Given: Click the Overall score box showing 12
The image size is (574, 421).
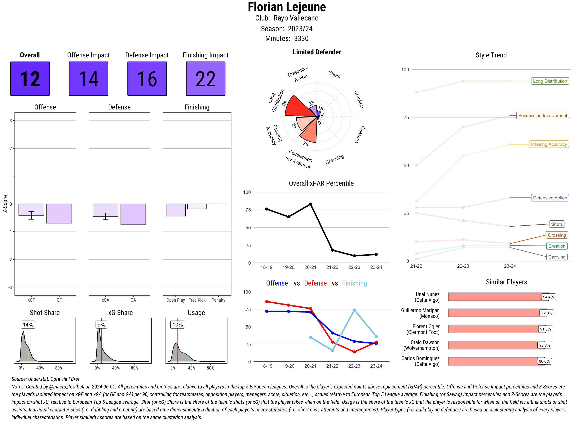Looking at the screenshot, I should click(30, 78).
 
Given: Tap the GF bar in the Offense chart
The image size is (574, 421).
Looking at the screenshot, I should click(59, 213).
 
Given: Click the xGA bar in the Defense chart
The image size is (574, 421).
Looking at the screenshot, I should click(105, 210).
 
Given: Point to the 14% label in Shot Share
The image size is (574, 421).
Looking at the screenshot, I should click(28, 324).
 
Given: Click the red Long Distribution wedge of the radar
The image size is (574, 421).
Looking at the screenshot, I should click(298, 107).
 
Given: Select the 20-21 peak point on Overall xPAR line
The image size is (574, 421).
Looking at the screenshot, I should click(310, 204).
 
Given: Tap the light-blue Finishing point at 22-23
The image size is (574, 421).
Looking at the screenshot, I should click(354, 310).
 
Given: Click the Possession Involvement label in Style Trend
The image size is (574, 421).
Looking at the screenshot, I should click(542, 115).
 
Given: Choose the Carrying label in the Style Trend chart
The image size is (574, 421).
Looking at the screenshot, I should click(556, 257).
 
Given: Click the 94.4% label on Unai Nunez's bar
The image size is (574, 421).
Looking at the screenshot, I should click(548, 297).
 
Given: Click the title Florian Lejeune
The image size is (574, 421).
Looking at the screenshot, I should click(287, 7).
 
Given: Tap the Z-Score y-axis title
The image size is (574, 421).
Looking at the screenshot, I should click(5, 204).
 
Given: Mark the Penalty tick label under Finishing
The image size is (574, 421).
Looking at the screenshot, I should click(218, 300).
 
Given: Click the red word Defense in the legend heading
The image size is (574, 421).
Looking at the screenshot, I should click(315, 283).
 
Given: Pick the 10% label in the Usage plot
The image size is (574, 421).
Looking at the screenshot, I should click(178, 324).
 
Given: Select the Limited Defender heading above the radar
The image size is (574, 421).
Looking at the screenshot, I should click(316, 52).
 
